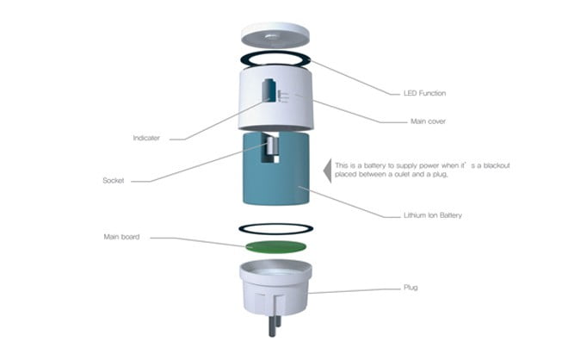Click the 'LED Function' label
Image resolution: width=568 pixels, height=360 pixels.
424,93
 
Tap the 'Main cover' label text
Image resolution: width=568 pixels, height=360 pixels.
428,121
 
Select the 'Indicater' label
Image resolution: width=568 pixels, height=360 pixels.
146,138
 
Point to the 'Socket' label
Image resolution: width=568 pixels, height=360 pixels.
114,180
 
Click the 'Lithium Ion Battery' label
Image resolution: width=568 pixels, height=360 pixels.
433,215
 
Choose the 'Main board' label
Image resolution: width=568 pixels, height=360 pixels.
121,237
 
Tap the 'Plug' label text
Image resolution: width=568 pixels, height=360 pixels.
411,287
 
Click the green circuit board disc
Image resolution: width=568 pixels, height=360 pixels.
275,247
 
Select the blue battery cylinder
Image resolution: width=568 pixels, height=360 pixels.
276,168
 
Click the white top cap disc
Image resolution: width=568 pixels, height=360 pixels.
275,35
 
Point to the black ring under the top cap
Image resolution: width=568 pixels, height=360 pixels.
275,59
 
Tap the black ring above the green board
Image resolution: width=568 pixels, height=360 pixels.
275,229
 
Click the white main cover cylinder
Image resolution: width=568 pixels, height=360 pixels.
275,99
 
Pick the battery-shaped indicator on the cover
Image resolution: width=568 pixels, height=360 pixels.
269,90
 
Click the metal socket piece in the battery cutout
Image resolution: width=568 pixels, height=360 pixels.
273,146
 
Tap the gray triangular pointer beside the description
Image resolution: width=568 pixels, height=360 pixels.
327,171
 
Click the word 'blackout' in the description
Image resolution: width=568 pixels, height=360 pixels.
497,165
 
